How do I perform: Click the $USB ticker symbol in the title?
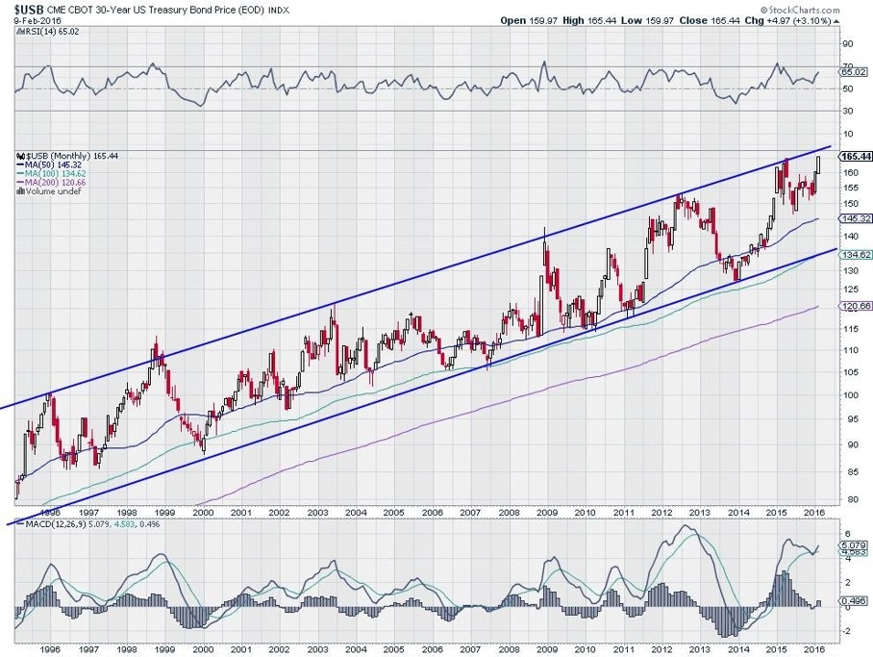(29, 9)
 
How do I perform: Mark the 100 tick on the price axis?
(851, 395)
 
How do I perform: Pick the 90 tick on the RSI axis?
(849, 43)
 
